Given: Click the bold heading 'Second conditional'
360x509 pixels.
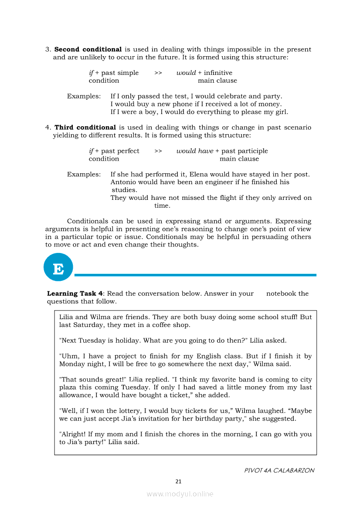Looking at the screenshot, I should pos(88,50).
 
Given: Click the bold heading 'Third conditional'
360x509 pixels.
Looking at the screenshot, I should pos(85,128).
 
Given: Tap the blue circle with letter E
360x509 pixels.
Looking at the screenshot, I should pos(58,267).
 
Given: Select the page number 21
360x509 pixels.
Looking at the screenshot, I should pos(178,481).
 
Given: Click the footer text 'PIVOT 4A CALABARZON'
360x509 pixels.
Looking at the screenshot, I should pos(279,470).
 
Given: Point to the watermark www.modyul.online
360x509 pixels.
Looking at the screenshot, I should pos(180,494).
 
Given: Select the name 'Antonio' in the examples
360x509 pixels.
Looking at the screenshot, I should pos(124,182).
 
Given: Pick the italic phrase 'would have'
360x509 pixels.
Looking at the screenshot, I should pos(195,151).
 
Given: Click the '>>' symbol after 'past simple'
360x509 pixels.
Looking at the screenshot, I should pos(158,73).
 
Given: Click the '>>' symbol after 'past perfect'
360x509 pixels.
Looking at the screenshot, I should pos(158,151).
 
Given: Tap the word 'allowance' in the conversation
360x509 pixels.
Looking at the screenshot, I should pos(75,395).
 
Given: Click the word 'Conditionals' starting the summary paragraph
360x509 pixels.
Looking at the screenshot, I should pos(88,222).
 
